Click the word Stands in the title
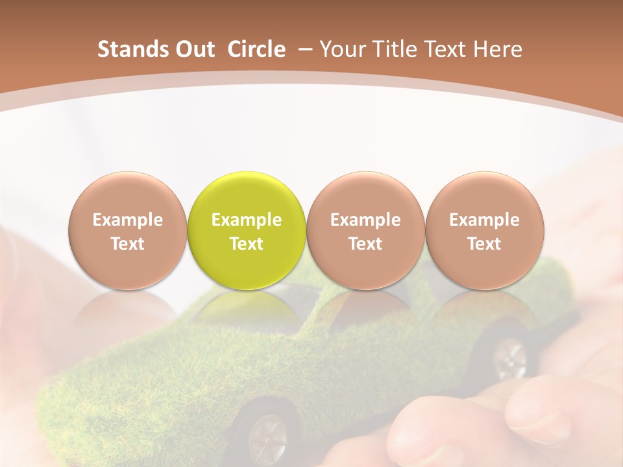134,49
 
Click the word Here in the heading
497,49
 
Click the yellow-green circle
247,230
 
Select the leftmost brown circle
128,230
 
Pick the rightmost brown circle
484,230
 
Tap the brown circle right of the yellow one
365,230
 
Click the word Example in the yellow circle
247,220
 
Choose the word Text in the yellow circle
247,244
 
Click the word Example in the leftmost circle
128,220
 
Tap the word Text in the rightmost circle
484,244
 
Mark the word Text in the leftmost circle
128,244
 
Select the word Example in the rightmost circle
484,220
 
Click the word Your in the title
339,49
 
